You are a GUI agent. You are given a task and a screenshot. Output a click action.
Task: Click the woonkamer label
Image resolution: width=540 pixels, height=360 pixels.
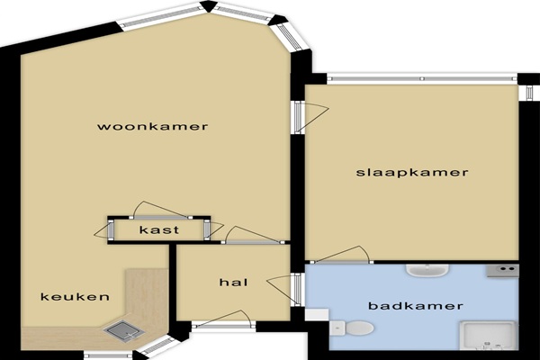click(x=153, y=126)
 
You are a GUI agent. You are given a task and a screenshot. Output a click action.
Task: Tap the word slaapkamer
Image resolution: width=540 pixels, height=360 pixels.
click(x=412, y=172)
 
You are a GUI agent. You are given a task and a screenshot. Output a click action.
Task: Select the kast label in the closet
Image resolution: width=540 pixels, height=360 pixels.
click(x=159, y=229)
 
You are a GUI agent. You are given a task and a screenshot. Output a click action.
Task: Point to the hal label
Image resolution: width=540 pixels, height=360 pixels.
click(x=233, y=283)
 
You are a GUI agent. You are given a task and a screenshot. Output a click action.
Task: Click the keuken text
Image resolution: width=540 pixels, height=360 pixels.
click(x=75, y=297)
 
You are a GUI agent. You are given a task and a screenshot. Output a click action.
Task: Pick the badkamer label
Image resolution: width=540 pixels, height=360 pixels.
click(x=416, y=306)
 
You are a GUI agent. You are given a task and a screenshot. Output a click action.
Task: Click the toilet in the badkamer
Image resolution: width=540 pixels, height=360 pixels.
click(x=351, y=328)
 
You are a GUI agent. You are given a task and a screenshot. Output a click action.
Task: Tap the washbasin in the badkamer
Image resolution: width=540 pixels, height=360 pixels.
click(x=427, y=270)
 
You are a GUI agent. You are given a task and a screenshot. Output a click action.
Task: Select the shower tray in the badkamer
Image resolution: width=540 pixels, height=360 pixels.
click(x=489, y=335)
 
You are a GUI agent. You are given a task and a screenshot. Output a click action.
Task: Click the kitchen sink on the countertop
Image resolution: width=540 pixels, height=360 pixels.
click(x=124, y=330)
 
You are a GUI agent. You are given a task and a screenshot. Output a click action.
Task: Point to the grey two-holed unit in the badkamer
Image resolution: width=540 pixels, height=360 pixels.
click(x=502, y=270)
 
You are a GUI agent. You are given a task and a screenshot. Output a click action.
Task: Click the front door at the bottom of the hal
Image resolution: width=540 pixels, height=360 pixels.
click(x=223, y=321)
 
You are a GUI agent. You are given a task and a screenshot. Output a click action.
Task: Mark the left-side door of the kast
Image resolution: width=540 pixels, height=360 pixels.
click(x=104, y=230)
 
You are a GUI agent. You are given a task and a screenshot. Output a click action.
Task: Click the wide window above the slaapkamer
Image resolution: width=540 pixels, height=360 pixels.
click(x=422, y=79)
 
